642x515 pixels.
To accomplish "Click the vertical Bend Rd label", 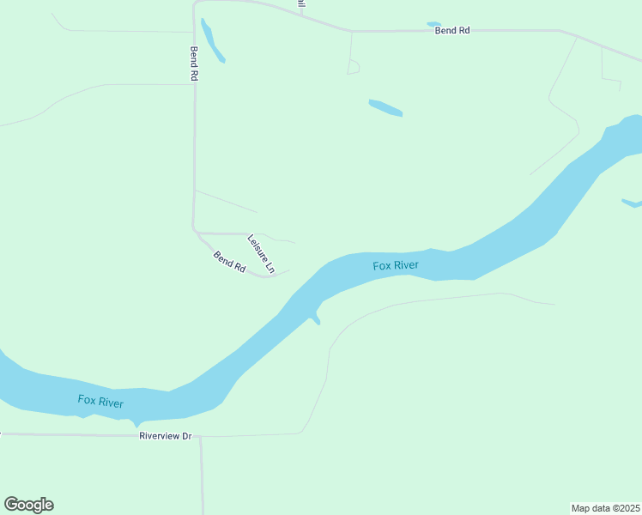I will [195, 64].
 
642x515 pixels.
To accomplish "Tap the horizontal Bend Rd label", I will [452, 31].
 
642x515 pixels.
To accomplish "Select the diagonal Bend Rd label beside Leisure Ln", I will [230, 262].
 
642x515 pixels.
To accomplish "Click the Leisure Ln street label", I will [261, 254].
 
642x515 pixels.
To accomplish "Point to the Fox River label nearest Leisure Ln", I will [396, 265].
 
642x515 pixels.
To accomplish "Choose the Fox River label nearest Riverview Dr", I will [100, 401].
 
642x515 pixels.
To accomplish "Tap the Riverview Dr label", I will [166, 436].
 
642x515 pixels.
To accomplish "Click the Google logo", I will [28, 505].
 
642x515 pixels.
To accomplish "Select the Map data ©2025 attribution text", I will [605, 508].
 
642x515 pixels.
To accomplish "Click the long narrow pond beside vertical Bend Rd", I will [212, 40].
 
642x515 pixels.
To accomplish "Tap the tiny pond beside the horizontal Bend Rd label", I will [433, 24].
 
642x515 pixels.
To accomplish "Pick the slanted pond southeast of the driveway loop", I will [385, 108].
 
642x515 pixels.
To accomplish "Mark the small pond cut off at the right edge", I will [632, 203].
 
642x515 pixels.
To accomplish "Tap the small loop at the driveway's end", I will [354, 67].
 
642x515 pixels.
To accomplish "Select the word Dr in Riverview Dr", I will [185, 436].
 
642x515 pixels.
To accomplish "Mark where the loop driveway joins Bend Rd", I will [351, 32].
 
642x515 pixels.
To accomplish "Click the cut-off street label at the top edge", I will [301, 4].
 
